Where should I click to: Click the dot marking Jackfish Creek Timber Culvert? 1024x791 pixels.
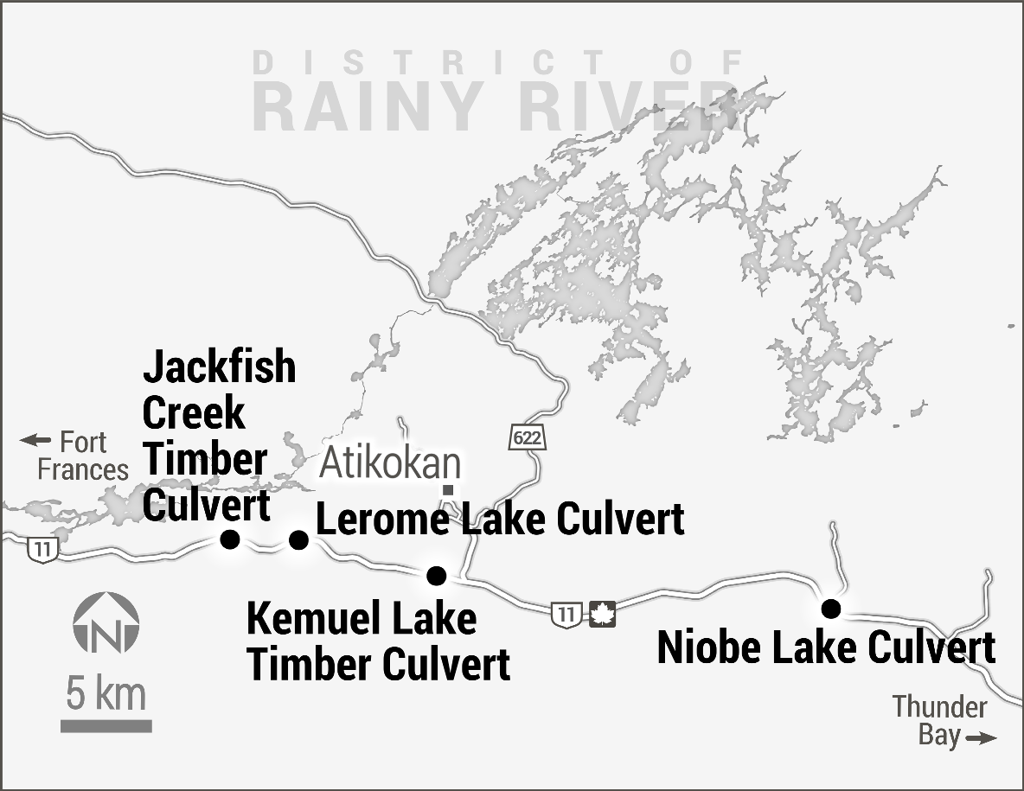pyautogui.click(x=229, y=539)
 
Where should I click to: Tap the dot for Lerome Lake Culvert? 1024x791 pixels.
pyautogui.click(x=298, y=540)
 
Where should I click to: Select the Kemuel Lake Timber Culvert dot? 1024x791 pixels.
pyautogui.click(x=437, y=575)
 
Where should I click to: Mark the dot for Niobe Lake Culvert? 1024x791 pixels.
pyautogui.click(x=831, y=609)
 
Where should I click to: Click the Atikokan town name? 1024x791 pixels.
pyautogui.click(x=390, y=464)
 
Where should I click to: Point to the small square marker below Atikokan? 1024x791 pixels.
pyautogui.click(x=448, y=491)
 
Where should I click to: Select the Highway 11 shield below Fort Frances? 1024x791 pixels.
pyautogui.click(x=40, y=547)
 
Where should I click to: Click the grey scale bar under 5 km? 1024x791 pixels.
pyautogui.click(x=106, y=726)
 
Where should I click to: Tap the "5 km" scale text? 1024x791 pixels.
pyautogui.click(x=106, y=695)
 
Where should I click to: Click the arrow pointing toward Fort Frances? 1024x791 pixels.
pyautogui.click(x=35, y=441)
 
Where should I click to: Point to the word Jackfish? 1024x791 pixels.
pyautogui.click(x=220, y=367)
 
